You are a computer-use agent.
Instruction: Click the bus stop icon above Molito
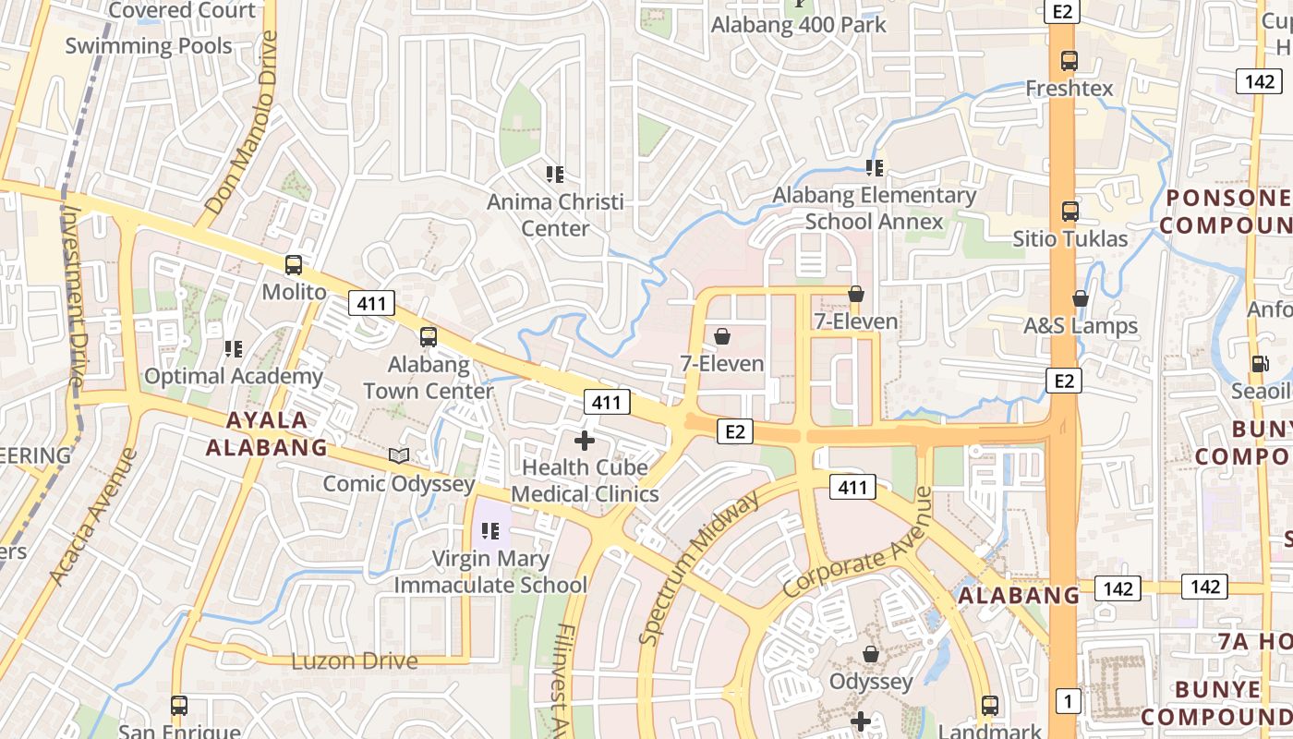(293, 265)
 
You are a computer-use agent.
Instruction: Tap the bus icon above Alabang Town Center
(429, 337)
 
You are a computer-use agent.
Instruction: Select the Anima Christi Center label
(555, 214)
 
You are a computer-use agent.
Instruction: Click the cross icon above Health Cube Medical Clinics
(585, 441)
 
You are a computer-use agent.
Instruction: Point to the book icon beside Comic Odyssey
(399, 456)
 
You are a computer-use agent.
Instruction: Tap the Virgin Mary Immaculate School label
(490, 572)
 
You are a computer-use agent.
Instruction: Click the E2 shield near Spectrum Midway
(734, 431)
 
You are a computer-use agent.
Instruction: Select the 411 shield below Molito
(372, 303)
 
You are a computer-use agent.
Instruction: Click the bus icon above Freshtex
(1069, 62)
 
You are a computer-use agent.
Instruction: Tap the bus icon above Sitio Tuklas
(1069, 212)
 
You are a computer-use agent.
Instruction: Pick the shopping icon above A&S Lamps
(1081, 299)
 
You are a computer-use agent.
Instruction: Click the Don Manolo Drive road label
(242, 124)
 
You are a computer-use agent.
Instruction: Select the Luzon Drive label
(355, 661)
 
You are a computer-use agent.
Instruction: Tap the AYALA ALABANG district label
(266, 434)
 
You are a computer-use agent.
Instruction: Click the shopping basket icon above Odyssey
(870, 655)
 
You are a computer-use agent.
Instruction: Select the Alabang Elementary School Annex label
(874, 208)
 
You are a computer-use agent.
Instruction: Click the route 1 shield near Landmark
(1068, 702)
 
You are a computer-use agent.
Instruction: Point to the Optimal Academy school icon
(234, 349)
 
